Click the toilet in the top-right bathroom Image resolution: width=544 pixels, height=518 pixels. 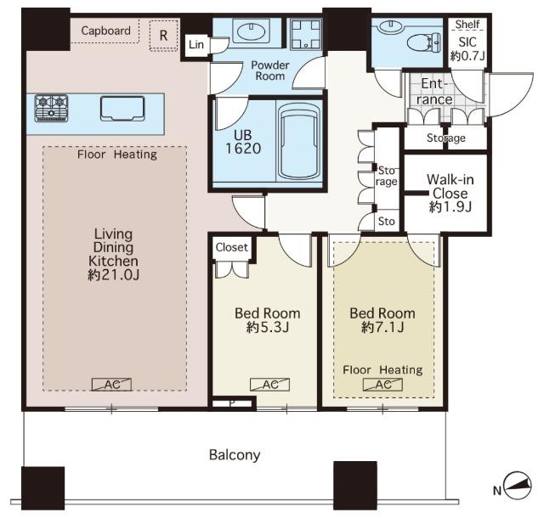point(424,43)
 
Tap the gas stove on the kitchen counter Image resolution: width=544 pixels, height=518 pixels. point(51,108)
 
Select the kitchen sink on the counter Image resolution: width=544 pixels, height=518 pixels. point(122,109)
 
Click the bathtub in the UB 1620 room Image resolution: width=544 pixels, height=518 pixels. point(299,142)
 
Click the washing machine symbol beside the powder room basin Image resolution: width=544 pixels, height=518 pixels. point(306,34)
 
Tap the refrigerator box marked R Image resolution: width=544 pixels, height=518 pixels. point(163,36)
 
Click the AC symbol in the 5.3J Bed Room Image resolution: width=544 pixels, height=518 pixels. point(270,385)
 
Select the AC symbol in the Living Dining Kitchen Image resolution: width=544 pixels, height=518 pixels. point(111,385)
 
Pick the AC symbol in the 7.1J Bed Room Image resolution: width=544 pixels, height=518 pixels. point(382,385)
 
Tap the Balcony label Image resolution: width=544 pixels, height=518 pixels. point(235,454)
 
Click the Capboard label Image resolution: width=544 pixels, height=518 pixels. point(105,31)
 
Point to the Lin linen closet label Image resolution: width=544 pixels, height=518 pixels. point(196,44)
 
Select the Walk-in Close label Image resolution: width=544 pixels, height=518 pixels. point(450,186)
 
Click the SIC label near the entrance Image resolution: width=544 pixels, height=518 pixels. point(467,42)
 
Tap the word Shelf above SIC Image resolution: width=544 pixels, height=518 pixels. point(467,25)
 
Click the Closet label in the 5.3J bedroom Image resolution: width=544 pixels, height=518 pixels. point(231,247)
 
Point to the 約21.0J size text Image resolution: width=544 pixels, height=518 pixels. point(113,275)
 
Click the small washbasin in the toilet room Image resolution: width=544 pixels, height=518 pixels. point(391,26)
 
